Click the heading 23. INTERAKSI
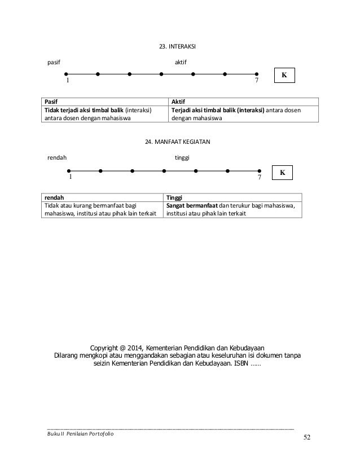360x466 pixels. tap(179, 45)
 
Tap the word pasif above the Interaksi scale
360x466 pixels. tap(54, 61)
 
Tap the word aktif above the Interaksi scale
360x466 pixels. tap(182, 61)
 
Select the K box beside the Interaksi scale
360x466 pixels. tap(284, 74)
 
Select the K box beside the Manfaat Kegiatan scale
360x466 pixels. tap(282, 172)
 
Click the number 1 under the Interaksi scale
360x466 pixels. tap(68, 81)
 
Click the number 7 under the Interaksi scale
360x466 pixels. tap(256, 81)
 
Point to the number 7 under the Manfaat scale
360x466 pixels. tap(259, 177)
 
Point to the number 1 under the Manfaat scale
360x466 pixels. tap(71, 177)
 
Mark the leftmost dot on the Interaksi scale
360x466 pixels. tap(66, 73)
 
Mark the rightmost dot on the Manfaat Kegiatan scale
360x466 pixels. tap(260, 170)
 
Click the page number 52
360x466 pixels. tap(307, 438)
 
